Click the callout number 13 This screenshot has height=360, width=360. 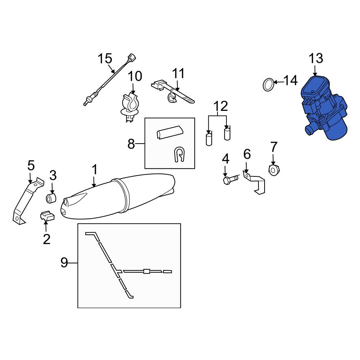pyautogui.click(x=316, y=58)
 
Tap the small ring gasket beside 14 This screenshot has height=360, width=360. pyautogui.click(x=269, y=85)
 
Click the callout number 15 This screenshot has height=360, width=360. pyautogui.click(x=105, y=59)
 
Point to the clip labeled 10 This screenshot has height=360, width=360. pyautogui.click(x=130, y=107)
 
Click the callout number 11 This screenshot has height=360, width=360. pyautogui.click(x=178, y=73)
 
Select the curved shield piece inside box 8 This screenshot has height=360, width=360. pyautogui.click(x=170, y=132)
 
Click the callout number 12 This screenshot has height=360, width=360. pyautogui.click(x=221, y=106)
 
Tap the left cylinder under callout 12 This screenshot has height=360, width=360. pyautogui.click(x=209, y=140)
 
